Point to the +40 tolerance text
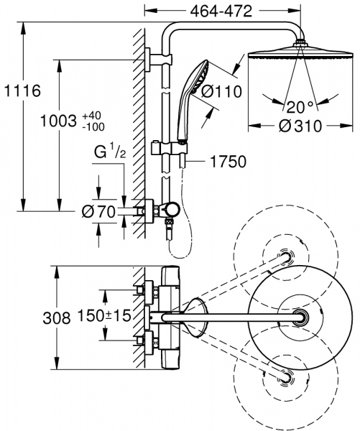[91, 115]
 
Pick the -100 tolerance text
[93, 126]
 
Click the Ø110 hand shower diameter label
[220, 91]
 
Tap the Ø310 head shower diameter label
[300, 126]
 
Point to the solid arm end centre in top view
[300, 317]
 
